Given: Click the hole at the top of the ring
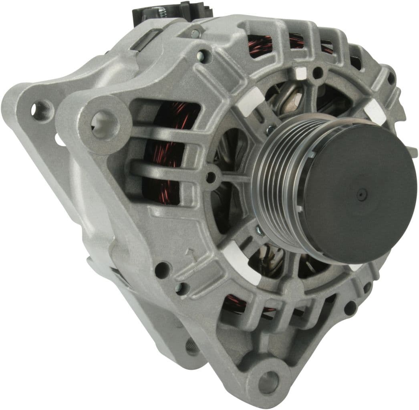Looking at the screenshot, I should click(x=318, y=73).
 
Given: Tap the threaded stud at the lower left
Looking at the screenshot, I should click(x=193, y=345).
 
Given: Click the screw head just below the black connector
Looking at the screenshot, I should click(x=195, y=34).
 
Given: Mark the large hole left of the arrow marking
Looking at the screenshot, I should click(x=163, y=269).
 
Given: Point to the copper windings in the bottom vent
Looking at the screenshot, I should click(x=234, y=303).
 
